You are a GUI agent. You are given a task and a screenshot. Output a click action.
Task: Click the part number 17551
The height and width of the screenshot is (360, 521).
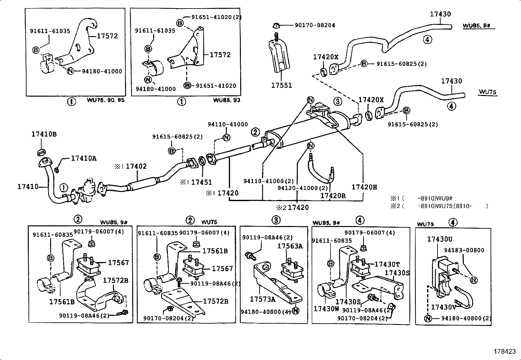(x=281, y=85)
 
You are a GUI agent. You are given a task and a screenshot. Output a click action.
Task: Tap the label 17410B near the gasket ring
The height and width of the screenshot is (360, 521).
(x=44, y=134)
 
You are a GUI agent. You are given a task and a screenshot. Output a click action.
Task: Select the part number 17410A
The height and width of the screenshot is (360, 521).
(x=84, y=159)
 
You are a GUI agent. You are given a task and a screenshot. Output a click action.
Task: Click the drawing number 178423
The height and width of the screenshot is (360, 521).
(x=507, y=351)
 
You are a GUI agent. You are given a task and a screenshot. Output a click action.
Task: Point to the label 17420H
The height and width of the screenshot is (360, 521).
(x=364, y=187)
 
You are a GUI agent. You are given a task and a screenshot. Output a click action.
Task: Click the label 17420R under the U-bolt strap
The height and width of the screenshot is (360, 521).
(x=333, y=196)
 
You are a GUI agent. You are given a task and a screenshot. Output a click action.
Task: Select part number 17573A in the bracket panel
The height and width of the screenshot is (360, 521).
(x=262, y=299)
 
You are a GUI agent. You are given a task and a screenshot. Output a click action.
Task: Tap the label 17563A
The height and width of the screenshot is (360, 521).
(x=290, y=246)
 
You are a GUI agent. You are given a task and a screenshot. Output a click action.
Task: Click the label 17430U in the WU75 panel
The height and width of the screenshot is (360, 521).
(x=440, y=239)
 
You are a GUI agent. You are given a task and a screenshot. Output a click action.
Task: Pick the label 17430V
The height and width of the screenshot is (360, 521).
(x=443, y=307)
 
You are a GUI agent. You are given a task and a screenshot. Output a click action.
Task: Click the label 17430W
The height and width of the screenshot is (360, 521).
(x=326, y=309)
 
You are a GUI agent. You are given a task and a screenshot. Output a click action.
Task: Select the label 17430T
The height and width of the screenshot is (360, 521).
(x=387, y=264)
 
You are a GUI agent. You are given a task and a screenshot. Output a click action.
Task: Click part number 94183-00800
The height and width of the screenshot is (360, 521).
(x=464, y=250)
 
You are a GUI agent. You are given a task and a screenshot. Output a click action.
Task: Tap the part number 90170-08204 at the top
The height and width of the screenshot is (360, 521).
(x=314, y=25)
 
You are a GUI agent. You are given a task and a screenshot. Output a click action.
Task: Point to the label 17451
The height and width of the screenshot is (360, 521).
(x=201, y=182)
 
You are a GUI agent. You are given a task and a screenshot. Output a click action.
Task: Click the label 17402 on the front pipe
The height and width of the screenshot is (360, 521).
(x=136, y=166)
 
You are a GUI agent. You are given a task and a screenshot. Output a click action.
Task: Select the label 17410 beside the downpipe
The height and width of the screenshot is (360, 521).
(x=28, y=187)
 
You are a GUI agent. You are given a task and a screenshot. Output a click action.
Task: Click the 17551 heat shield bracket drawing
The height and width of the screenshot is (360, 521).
(x=280, y=56)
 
